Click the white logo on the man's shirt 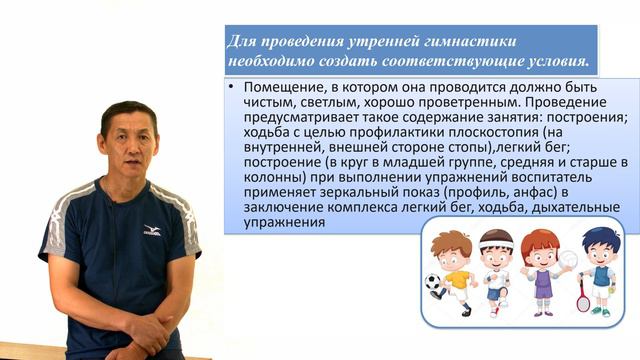click(152, 230)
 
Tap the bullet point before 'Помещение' click(232, 88)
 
